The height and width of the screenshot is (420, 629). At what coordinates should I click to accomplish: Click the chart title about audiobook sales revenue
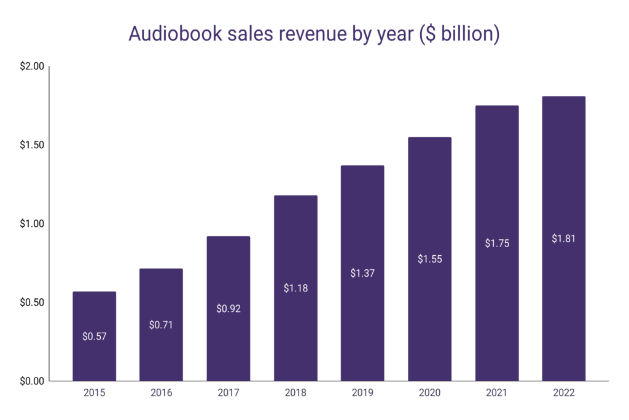(314, 34)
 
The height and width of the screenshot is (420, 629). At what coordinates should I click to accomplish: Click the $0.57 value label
(94, 336)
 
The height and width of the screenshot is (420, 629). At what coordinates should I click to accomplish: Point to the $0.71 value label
(161, 325)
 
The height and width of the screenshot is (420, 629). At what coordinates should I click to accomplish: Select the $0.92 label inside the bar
(228, 309)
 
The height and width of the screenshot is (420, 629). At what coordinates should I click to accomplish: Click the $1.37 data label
(362, 273)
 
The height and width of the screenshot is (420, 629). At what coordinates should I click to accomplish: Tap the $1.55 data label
(429, 259)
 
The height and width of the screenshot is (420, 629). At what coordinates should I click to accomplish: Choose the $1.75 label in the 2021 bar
(496, 243)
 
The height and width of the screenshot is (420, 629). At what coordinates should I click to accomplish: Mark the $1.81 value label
(563, 239)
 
